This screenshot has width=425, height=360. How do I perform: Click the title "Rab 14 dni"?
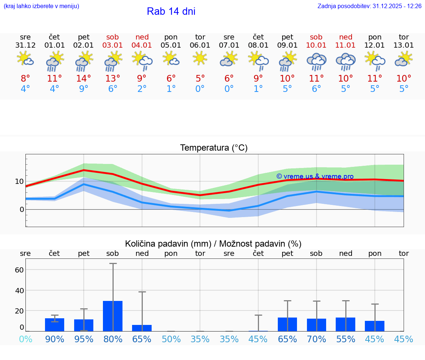pos(171,11)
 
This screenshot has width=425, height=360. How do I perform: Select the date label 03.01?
pos(113,45)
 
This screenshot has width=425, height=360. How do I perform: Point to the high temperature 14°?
pos(84,79)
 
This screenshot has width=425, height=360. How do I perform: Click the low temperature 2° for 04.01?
pos(142,89)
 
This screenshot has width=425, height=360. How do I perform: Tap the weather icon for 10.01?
pos(316,61)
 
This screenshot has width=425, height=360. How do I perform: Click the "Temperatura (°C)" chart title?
pos(214,148)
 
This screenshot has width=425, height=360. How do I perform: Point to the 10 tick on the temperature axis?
pos(20,181)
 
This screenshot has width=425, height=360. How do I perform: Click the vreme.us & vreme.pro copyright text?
pos(315,176)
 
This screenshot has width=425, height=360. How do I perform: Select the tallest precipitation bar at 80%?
pos(113,316)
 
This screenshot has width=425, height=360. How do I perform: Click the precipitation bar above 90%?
pos(55,325)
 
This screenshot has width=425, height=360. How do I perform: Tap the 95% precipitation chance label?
pos(84,339)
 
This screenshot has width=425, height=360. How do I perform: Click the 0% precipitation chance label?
pos(25,339)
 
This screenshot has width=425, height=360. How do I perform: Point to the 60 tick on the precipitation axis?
pos(19,270)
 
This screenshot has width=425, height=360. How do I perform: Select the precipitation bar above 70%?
pos(317,325)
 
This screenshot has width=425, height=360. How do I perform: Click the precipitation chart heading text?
pos(213,244)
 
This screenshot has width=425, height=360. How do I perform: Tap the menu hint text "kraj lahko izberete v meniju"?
pos(41,6)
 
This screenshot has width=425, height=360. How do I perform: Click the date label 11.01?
pos(345,45)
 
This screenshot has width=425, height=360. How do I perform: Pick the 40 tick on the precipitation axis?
pos(19,291)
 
